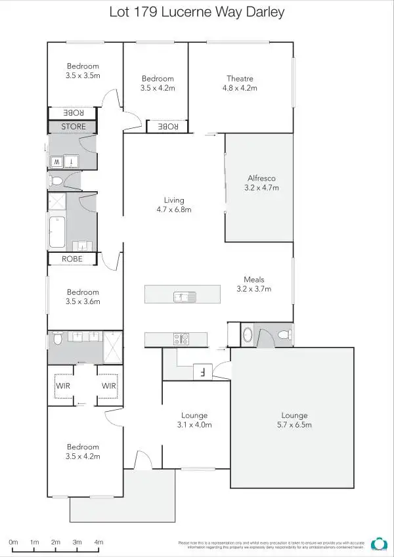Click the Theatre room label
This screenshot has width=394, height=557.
(x=240, y=83)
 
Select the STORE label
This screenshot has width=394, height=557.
(x=73, y=126)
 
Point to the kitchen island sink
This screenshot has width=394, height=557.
(x=182, y=298)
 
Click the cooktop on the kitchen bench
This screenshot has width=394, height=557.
(x=181, y=339)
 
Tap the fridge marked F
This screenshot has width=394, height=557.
(x=202, y=372)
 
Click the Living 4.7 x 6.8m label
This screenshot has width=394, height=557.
(x=174, y=205)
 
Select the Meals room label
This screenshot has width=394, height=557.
(x=253, y=284)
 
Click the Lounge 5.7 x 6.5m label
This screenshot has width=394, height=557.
(x=294, y=420)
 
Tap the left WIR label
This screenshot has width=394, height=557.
(x=62, y=386)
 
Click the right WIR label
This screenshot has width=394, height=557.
(x=108, y=386)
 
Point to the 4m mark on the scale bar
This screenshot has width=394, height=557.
(x=98, y=542)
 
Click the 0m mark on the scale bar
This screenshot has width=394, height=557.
(x=12, y=542)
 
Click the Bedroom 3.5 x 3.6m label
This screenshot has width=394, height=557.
(x=83, y=297)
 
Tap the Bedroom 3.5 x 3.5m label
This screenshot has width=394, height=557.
(x=83, y=70)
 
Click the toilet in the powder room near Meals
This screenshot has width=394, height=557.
(x=283, y=335)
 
